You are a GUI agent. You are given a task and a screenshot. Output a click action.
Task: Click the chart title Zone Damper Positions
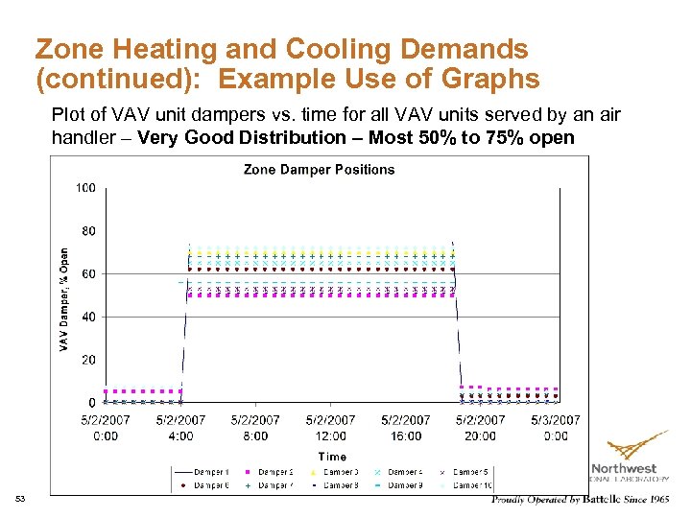[319, 170]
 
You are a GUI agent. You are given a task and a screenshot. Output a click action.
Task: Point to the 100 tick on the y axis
[85, 188]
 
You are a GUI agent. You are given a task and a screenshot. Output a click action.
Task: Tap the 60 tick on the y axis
[87, 274]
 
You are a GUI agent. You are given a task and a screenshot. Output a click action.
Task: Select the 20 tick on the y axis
[87, 360]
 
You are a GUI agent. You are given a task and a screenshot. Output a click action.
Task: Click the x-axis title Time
[332, 457]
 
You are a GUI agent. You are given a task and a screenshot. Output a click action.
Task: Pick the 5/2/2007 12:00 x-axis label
[331, 428]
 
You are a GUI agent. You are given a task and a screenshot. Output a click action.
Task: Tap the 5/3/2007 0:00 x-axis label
[556, 428]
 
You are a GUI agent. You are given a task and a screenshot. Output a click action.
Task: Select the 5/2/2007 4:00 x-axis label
[180, 428]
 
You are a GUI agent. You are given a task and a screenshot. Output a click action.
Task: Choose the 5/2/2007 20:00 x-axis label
[480, 428]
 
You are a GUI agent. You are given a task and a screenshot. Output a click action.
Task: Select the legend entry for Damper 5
[471, 472]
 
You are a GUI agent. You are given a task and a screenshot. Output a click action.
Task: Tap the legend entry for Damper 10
[471, 485]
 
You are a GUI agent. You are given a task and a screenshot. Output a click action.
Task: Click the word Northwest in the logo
[624, 468]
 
